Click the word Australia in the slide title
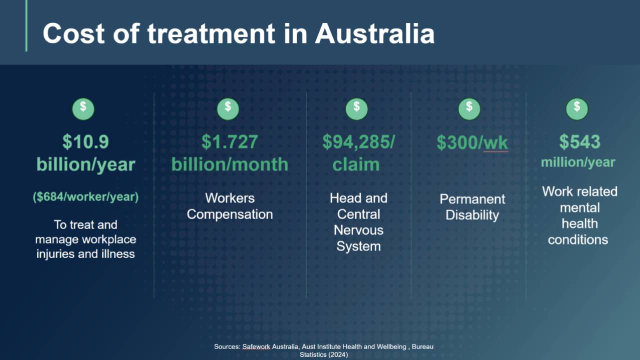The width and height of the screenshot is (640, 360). tap(374, 33)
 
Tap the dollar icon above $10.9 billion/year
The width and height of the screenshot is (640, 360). tap(83, 109)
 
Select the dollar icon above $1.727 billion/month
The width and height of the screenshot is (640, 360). tap(228, 109)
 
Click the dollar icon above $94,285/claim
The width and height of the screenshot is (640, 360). tap(356, 109)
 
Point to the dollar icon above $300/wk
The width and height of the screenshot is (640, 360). tap(469, 109)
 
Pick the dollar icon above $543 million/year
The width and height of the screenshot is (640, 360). tap(577, 109)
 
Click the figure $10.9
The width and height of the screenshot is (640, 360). tap(85, 141)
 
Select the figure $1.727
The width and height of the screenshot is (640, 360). tap(229, 141)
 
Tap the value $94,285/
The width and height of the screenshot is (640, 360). tap(358, 141)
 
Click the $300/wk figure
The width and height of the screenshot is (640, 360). tap(472, 142)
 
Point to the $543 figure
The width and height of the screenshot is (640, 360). tap(579, 141)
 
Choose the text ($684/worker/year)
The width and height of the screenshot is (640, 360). tap(85, 197)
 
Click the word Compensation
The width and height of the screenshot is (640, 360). tap(229, 214)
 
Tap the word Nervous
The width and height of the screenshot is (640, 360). tap(358, 230)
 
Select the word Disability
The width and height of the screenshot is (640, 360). tap(472, 215)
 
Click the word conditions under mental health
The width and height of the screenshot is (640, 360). tap(578, 240)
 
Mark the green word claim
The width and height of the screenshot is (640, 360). tap(356, 164)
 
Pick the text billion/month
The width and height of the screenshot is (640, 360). tap(229, 165)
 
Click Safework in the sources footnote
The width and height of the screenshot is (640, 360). tap(256, 347)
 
